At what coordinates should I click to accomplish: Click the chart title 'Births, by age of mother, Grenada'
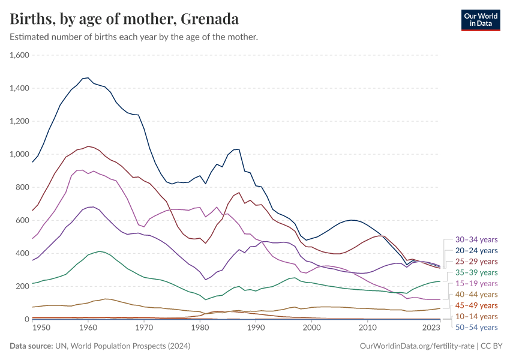click(x=124, y=19)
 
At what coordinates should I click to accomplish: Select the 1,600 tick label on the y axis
click(x=20, y=55)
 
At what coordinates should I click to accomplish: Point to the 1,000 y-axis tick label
click(x=20, y=154)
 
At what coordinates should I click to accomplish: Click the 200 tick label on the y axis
click(x=23, y=286)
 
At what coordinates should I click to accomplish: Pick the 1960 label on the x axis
click(x=88, y=328)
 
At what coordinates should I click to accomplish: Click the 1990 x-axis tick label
click(x=256, y=328)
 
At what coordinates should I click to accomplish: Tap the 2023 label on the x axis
click(x=431, y=328)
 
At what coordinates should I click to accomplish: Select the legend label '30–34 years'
click(x=476, y=239)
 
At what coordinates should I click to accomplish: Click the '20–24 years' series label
click(x=476, y=250)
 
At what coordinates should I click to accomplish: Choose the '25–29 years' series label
click(x=476, y=262)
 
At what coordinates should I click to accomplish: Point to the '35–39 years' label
click(x=476, y=272)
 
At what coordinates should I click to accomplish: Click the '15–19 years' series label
click(x=476, y=283)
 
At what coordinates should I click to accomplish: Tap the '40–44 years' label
click(x=476, y=294)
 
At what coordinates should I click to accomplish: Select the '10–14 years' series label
click(x=476, y=316)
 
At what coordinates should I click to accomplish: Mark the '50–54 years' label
click(x=476, y=327)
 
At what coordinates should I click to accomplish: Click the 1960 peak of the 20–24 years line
click(x=88, y=77)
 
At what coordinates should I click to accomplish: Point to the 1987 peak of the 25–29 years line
click(x=239, y=193)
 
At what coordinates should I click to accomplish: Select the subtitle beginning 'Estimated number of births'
click(x=134, y=37)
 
